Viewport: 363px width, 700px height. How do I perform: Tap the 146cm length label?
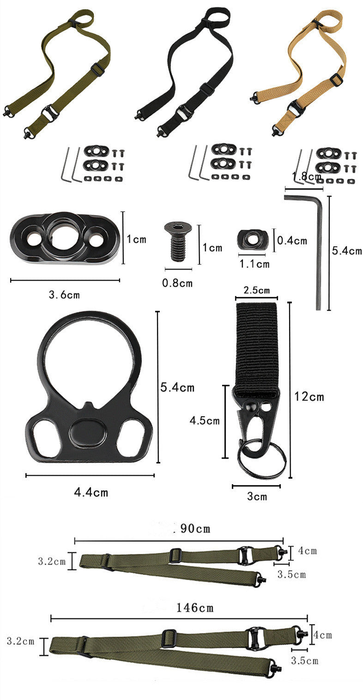[195, 608]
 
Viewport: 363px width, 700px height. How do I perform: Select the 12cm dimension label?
[309, 396]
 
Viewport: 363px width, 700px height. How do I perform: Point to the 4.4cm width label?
[91, 492]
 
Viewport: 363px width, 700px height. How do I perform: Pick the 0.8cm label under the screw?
[177, 283]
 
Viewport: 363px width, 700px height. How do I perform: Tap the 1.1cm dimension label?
[254, 264]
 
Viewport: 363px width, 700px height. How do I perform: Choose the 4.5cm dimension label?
[205, 420]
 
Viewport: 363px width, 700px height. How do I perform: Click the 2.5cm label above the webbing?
[257, 290]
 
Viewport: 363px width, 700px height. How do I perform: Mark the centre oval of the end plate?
[88, 433]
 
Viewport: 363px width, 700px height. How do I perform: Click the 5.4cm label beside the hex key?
[347, 251]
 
